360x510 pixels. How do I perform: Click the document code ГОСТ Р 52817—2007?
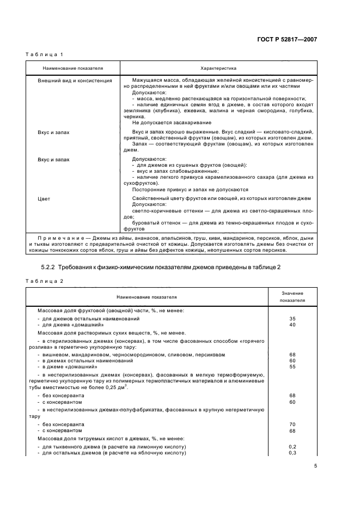pyautogui.click(x=289, y=40)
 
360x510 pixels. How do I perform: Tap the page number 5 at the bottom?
pyautogui.click(x=315, y=466)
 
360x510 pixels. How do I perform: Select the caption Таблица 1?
pyautogui.click(x=45, y=54)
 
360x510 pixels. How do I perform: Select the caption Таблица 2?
pyautogui.click(x=45, y=281)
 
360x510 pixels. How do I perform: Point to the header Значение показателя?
pyautogui.click(x=292, y=296)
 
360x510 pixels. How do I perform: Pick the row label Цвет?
pyautogui.click(x=44, y=199)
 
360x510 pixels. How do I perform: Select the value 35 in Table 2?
pyautogui.click(x=292, y=318)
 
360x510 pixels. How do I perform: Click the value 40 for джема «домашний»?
pyautogui.click(x=292, y=324)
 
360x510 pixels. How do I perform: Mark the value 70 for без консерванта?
pyautogui.click(x=292, y=424)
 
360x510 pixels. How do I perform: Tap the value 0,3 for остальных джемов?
pyautogui.click(x=292, y=452)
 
